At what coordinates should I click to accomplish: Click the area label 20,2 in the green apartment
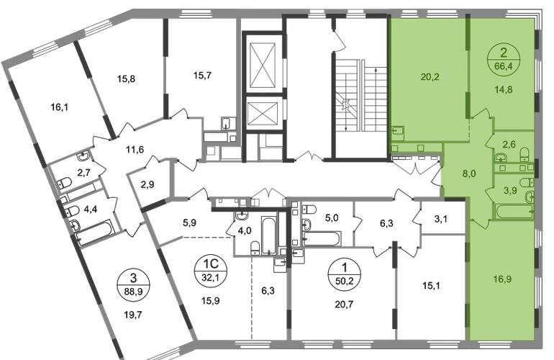[430, 76]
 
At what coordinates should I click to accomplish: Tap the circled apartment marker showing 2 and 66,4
[504, 59]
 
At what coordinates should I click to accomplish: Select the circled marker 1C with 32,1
[212, 271]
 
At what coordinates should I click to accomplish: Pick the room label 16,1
[59, 107]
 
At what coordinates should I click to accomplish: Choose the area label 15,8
[126, 78]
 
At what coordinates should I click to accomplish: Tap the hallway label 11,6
[135, 149]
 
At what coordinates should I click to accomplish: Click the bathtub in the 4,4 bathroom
[94, 232]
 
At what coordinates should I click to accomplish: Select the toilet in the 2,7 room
[65, 182]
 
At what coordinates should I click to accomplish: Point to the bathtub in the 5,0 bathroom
[322, 239]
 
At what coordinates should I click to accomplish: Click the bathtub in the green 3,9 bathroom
[514, 212]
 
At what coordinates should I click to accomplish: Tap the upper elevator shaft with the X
[262, 65]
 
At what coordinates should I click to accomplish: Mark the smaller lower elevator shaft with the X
[263, 114]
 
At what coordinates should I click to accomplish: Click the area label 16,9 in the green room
[502, 279]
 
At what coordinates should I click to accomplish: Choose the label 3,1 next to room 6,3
[440, 220]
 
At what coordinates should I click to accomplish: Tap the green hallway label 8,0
[469, 174]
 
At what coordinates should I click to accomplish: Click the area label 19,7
[133, 315]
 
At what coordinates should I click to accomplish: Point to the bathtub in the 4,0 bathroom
[269, 235]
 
